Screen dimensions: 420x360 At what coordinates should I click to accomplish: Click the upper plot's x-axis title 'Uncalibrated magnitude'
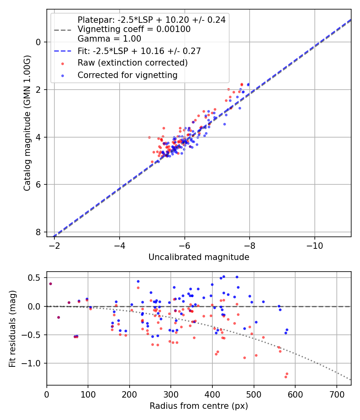(199, 257)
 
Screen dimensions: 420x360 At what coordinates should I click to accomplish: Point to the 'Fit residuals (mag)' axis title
(13, 328)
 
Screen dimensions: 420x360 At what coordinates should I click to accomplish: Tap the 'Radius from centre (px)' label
(199, 406)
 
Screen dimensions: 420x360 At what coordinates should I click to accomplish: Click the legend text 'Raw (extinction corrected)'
(132, 63)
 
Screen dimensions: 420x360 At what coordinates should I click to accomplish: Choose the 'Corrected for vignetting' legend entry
(127, 75)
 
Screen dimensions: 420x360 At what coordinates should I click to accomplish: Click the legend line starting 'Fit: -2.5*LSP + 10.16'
(139, 51)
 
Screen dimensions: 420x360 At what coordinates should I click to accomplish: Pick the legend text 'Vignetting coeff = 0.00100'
(134, 29)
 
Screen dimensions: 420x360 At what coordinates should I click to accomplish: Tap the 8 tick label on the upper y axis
(38, 232)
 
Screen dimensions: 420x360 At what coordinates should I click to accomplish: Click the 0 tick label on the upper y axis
(38, 42)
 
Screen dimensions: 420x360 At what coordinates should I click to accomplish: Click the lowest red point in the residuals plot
(286, 377)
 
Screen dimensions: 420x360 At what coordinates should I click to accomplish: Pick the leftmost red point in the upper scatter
(149, 137)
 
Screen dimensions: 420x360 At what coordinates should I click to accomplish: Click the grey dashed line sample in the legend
(62, 30)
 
